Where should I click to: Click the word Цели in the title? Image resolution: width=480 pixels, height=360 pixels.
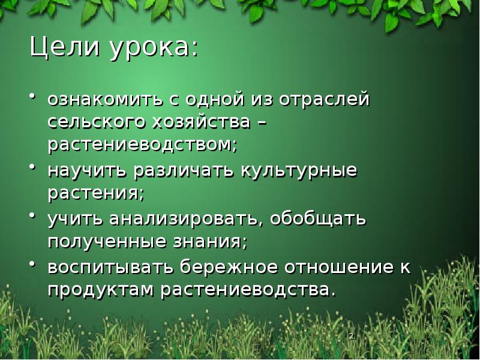pyautogui.click(x=65, y=48)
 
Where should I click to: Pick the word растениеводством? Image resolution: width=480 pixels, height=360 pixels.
pyautogui.click(x=143, y=145)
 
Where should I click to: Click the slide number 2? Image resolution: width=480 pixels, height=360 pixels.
pyautogui.click(x=350, y=335)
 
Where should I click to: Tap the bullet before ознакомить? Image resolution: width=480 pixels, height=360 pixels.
pyautogui.click(x=33, y=95)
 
